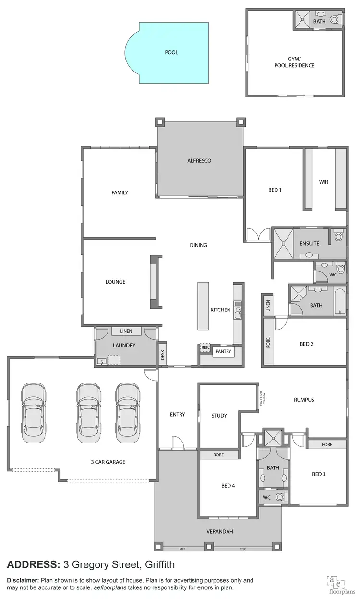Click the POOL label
pyautogui.click(x=171, y=52)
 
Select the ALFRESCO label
pyautogui.click(x=199, y=161)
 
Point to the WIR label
pyautogui.click(x=324, y=182)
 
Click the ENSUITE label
pyautogui.click(x=310, y=243)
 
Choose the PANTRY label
pyautogui.click(x=223, y=351)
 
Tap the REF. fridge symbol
pyautogui.click(x=205, y=347)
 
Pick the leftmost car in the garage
pyautogui.click(x=34, y=409)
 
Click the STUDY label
pyautogui.click(x=219, y=416)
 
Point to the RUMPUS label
pyautogui.click(x=304, y=400)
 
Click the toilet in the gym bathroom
pyautogui.click(x=340, y=19)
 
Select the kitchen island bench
pyautogui.click(x=204, y=306)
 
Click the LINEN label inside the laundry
pyautogui.click(x=126, y=331)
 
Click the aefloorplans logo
pyautogui.click(x=336, y=584)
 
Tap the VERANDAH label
pyautogui.click(x=220, y=531)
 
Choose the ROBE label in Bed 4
pyautogui.click(x=218, y=454)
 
